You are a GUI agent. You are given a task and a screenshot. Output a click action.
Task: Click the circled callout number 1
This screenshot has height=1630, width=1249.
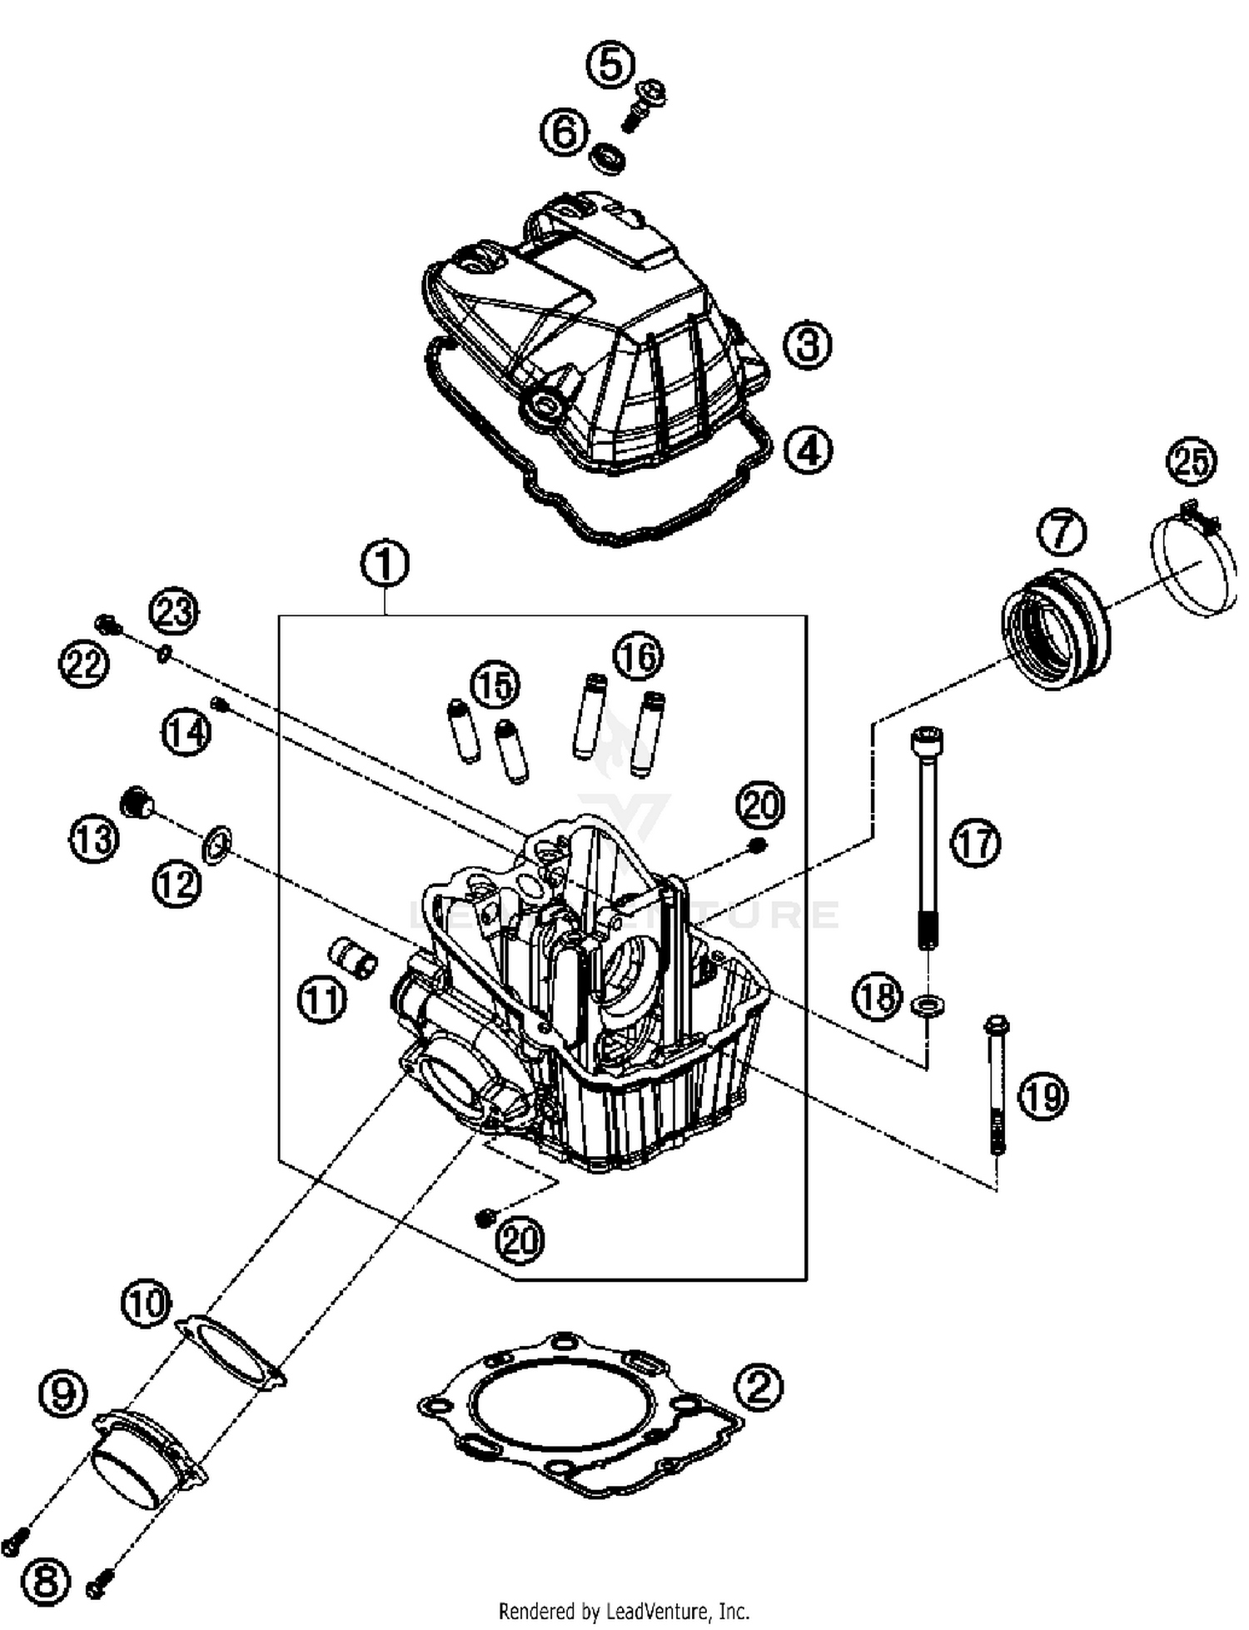tap(385, 564)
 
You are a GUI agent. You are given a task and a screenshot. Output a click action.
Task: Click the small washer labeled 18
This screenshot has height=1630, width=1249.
tap(928, 1005)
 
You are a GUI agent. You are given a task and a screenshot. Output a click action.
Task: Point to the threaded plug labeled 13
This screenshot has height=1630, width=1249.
tap(137, 801)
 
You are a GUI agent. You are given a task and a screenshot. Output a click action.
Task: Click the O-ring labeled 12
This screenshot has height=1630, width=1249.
tap(217, 846)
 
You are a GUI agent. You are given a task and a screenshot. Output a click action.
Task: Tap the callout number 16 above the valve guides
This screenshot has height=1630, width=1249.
tap(638, 657)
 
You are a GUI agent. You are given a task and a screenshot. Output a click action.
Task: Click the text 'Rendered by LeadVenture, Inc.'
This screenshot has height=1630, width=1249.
tap(624, 1611)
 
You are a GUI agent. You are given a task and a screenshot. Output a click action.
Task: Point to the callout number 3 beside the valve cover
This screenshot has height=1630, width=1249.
tap(807, 344)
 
